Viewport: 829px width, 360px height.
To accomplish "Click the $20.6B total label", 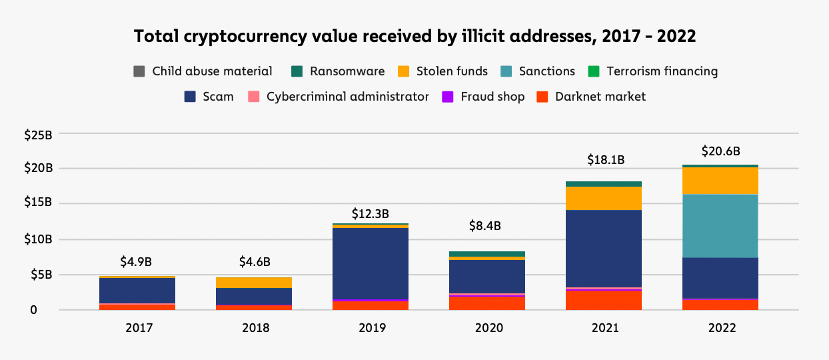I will (720, 151).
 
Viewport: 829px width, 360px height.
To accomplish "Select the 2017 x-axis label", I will (139, 328).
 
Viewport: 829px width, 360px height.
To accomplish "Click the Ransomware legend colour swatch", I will (297, 71).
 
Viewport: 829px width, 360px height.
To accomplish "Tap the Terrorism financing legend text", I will (662, 71).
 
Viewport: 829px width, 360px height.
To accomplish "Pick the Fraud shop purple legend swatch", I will (448, 97).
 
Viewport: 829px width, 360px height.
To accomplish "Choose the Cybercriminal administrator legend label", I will (347, 97).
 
